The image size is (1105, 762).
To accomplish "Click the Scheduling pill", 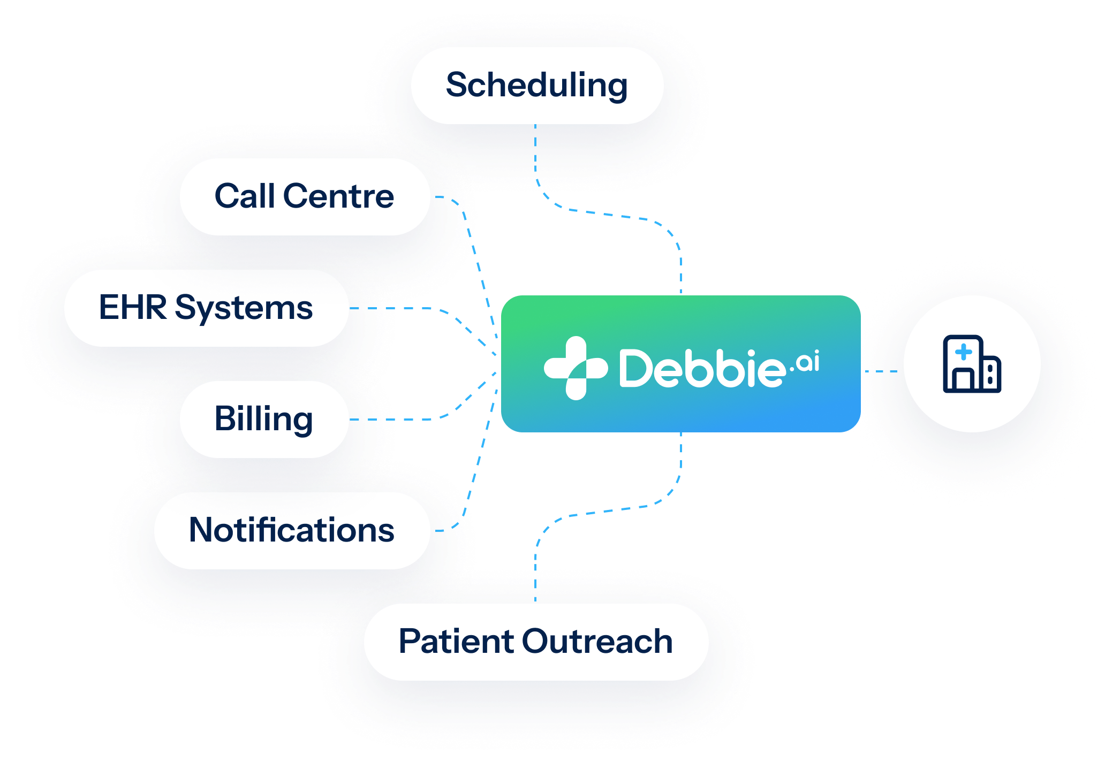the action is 537,86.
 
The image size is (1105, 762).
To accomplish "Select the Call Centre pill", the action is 305,196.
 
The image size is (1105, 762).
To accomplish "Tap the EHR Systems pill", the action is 206,308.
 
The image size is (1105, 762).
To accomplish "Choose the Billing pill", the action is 264,419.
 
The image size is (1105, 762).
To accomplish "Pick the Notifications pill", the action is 292,530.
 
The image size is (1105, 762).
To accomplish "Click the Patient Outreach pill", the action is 536,642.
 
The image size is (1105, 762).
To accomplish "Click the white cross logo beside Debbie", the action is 576,368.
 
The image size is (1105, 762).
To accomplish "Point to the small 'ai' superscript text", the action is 807,362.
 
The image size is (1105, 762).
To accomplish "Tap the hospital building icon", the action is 972,364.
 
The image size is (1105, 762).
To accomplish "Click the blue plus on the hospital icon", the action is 964,352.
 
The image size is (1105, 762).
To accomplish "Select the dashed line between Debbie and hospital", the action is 881,371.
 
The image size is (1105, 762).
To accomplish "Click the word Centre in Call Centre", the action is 338,196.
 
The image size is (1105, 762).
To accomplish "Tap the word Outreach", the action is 597,641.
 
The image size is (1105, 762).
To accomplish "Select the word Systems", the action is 244,309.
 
